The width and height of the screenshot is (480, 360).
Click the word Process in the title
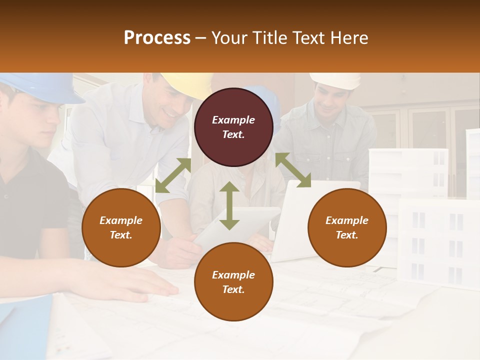tap(157, 37)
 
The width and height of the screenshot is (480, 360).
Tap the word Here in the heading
tap(348, 37)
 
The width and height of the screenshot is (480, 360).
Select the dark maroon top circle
tap(233, 127)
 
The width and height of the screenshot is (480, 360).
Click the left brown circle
tap(121, 227)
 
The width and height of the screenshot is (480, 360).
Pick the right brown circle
tap(347, 227)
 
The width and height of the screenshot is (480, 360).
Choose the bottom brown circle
tap(233, 281)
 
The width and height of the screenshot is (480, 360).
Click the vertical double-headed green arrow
tap(229, 205)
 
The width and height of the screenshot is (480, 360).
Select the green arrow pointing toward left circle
tap(173, 175)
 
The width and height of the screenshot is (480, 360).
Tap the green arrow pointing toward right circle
tap(293, 170)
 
